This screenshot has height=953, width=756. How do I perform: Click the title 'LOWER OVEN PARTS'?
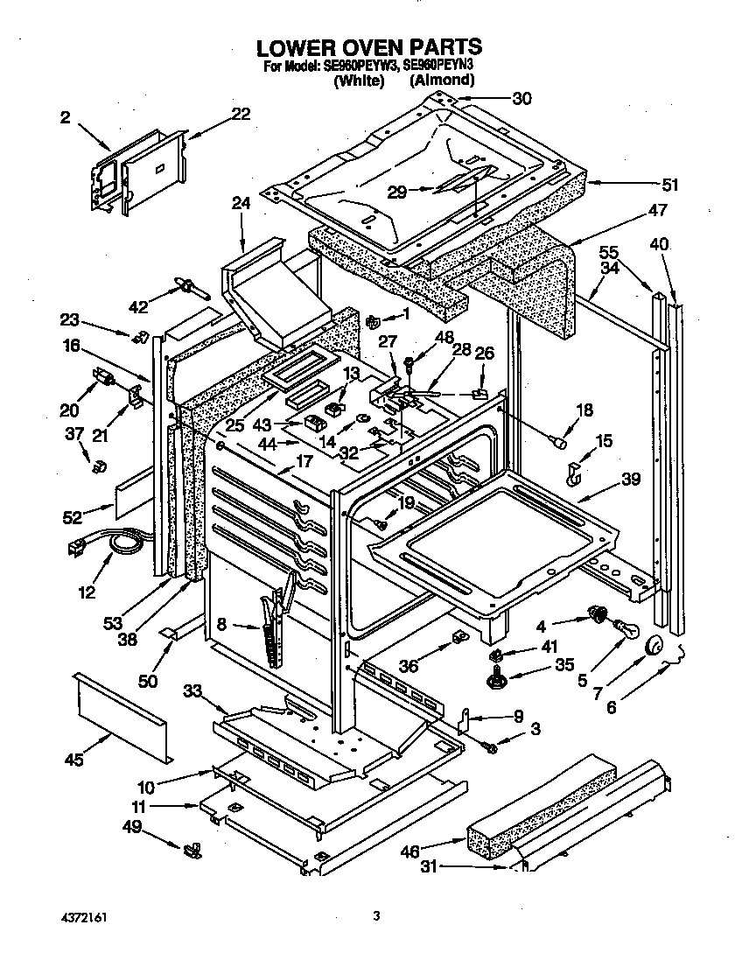(367, 46)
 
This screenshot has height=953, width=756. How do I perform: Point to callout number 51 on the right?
(670, 185)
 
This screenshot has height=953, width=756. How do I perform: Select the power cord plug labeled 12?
(75, 549)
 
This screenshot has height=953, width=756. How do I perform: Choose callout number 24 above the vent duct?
(241, 203)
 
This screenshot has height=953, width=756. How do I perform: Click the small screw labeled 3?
(492, 746)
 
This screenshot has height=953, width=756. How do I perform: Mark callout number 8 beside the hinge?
(221, 625)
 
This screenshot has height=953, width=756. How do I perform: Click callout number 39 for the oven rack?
(631, 479)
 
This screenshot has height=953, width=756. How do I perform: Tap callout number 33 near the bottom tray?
(193, 690)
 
